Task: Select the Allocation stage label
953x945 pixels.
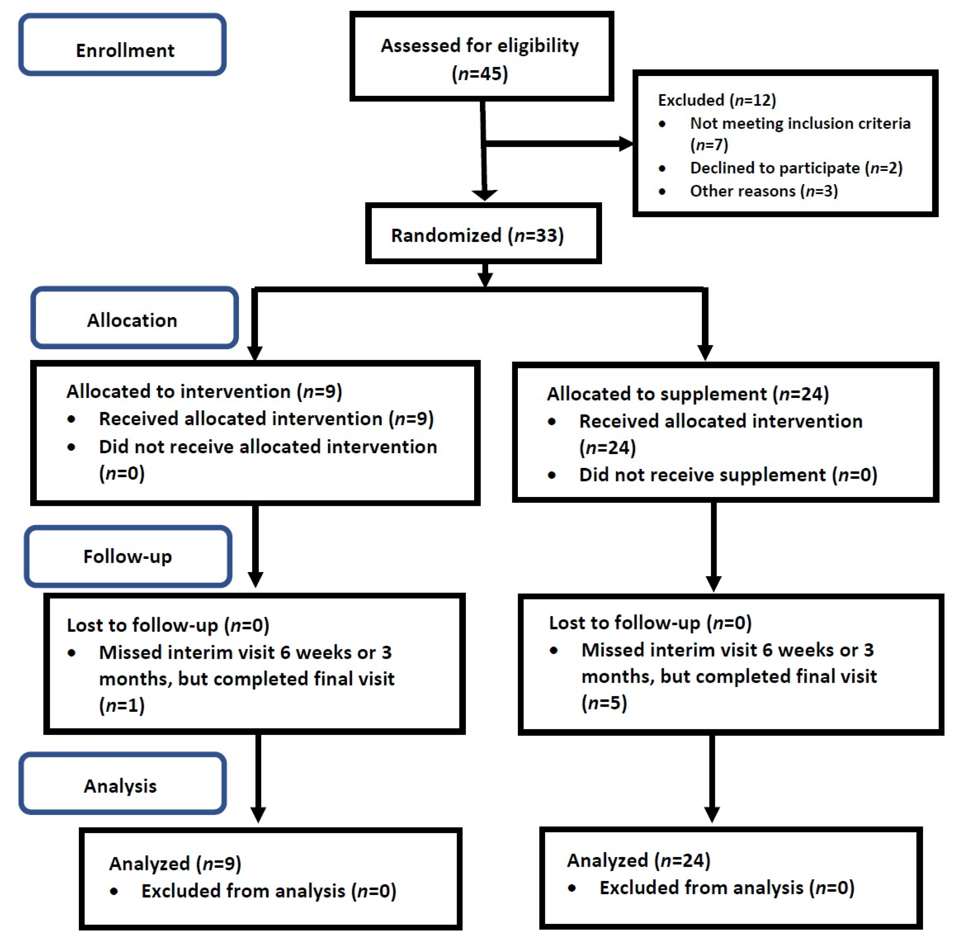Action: click(x=132, y=320)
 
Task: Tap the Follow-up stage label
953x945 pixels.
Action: click(x=127, y=556)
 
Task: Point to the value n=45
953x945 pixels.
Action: click(x=479, y=74)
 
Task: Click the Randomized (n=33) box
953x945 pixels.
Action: click(x=477, y=235)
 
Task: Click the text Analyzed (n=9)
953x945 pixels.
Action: click(x=175, y=864)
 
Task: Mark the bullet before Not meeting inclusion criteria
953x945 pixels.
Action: click(x=662, y=124)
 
